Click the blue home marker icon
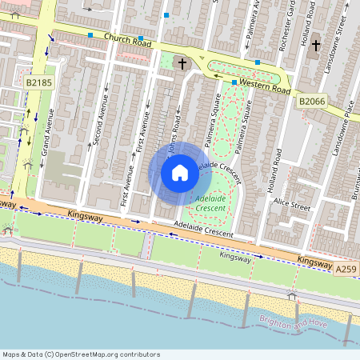tap(180, 173)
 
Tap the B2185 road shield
tap(38, 82)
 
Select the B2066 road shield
tap(313, 102)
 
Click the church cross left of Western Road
tap(182, 63)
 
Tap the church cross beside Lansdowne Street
tap(315, 46)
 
